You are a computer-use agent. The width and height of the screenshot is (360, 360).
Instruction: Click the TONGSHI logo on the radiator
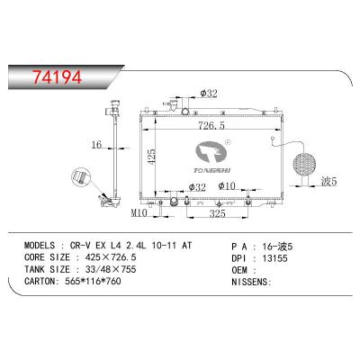tap(219, 151)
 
